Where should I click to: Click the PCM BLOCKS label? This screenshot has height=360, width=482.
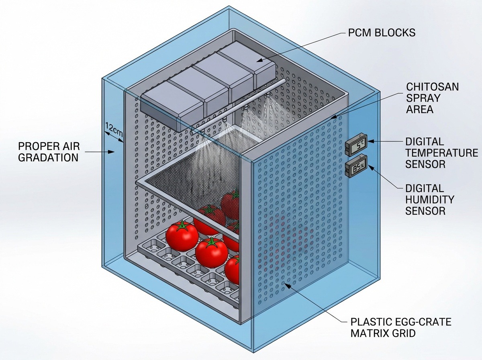(382, 32)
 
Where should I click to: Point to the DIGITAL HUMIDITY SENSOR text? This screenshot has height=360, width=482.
(430, 199)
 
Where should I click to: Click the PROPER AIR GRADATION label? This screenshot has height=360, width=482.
(48, 151)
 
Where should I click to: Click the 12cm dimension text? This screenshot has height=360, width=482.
(113, 130)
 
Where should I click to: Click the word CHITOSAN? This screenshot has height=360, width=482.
(432, 87)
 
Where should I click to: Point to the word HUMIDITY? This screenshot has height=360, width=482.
(430, 199)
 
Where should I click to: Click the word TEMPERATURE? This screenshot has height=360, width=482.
(441, 153)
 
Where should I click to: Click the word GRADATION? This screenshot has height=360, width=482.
(48, 157)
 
